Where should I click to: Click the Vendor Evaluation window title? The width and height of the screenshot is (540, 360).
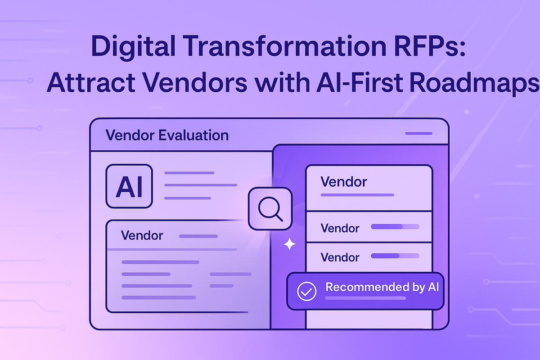[x=166, y=135]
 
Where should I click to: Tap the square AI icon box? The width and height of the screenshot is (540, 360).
[x=129, y=186]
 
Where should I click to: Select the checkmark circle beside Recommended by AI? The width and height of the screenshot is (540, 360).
[x=306, y=291]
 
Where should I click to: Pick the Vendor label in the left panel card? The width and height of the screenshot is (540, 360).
[x=142, y=235]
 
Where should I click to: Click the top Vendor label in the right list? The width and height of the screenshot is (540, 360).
[x=344, y=182]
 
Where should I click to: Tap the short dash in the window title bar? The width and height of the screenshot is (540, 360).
[x=418, y=134]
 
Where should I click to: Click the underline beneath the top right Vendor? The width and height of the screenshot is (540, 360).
[x=357, y=195]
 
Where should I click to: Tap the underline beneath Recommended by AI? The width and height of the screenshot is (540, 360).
[x=360, y=298]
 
